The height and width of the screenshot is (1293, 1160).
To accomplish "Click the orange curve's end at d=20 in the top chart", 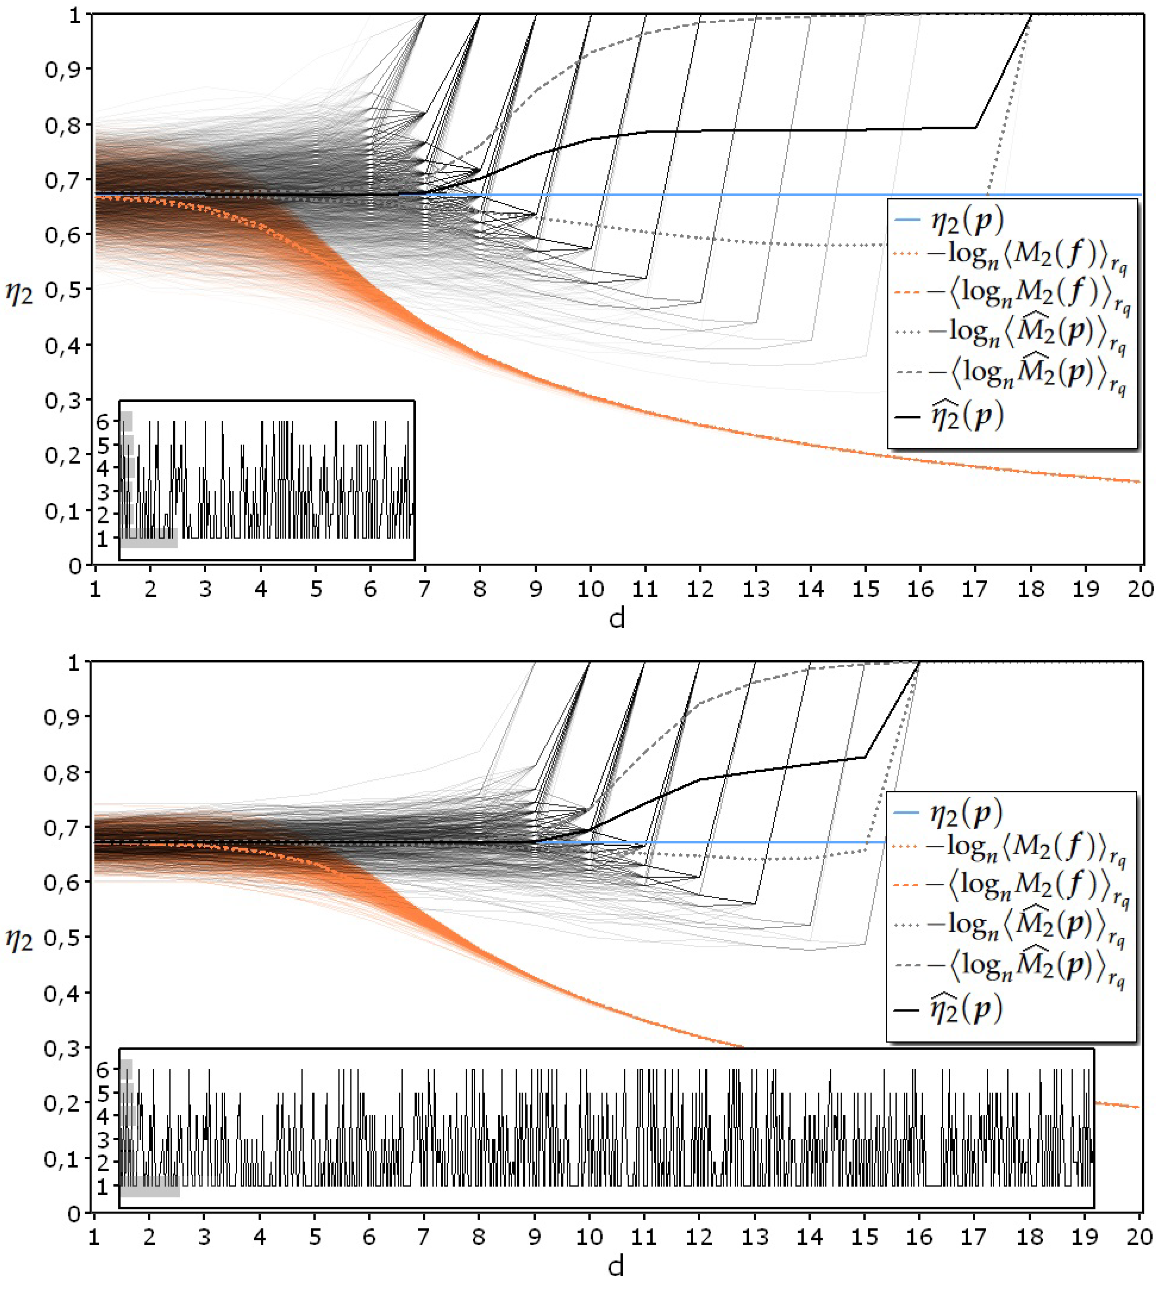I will (x=1138, y=482).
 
